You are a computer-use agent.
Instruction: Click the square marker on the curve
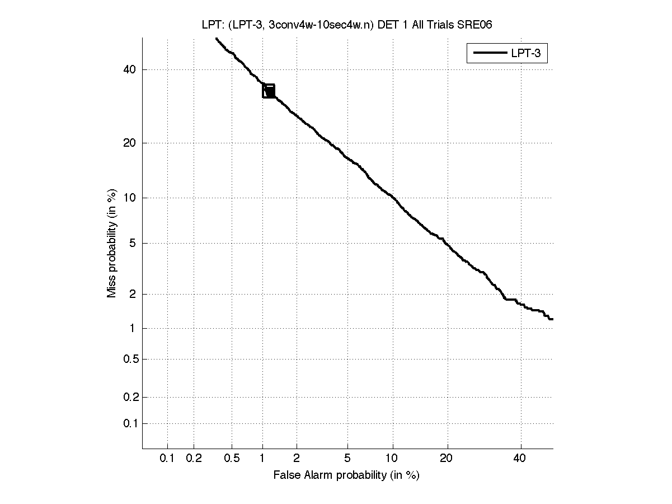click(x=269, y=91)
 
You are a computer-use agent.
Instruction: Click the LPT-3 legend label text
click(x=528, y=53)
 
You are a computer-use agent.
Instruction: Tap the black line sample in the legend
click(x=489, y=53)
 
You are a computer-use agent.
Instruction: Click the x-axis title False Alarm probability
click(x=346, y=475)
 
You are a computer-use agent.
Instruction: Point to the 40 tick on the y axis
click(x=130, y=69)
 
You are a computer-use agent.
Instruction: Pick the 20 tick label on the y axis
click(x=130, y=143)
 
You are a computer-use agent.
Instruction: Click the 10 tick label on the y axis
click(x=130, y=197)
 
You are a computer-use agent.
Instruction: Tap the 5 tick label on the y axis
click(x=133, y=243)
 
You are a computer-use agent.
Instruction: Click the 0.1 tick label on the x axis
click(x=167, y=459)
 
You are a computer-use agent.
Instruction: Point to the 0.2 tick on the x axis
click(x=194, y=459)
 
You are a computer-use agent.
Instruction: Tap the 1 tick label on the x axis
click(x=262, y=459)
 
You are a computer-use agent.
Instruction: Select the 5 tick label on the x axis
click(x=347, y=459)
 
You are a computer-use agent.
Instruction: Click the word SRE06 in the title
click(x=476, y=24)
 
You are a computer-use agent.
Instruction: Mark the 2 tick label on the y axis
click(x=133, y=294)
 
